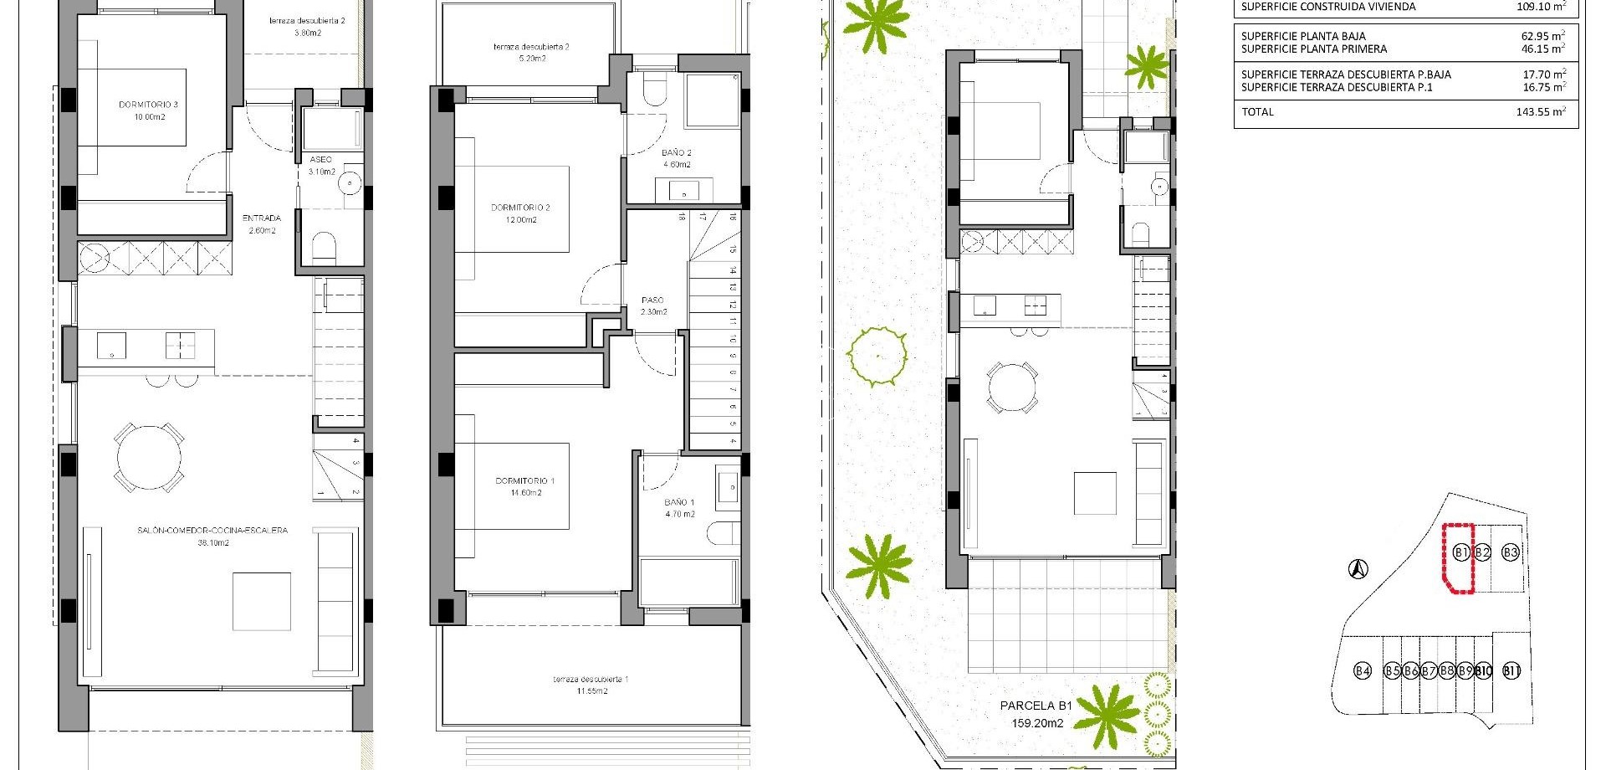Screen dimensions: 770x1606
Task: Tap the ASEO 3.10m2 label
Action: [x=321, y=166]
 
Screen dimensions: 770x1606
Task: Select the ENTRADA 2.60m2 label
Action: [x=262, y=224]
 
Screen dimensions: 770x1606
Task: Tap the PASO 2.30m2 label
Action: [x=652, y=305]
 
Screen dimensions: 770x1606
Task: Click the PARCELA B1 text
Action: [x=1036, y=706]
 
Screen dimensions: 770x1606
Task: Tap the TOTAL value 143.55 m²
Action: [x=1540, y=111]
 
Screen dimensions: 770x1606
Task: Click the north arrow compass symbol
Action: [x=1358, y=570]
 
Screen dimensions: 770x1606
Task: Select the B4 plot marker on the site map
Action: [x=1363, y=670]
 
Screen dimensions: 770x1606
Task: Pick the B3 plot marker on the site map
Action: [x=1510, y=552]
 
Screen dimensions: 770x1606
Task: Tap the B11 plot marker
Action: [x=1511, y=670]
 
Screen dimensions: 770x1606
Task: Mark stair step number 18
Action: [x=683, y=217]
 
